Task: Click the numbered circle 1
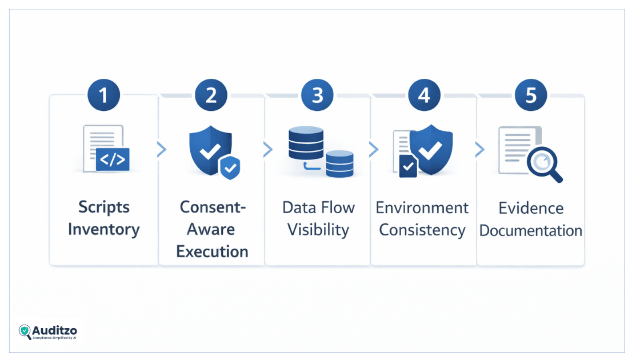[x=104, y=94]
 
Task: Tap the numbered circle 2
[x=211, y=94]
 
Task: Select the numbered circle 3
[x=318, y=94]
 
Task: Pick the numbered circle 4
[x=424, y=94]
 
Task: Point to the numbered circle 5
[x=531, y=94]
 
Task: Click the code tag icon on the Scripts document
[x=113, y=159]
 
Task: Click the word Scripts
[x=104, y=207]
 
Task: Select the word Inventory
[x=104, y=229]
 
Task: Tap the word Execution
[x=212, y=251]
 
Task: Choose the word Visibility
[x=318, y=229]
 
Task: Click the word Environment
[x=422, y=207]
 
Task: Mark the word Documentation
[x=530, y=230]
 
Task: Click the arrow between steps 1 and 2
[x=162, y=150]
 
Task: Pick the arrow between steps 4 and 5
[x=479, y=150]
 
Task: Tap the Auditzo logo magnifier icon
[x=25, y=332]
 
